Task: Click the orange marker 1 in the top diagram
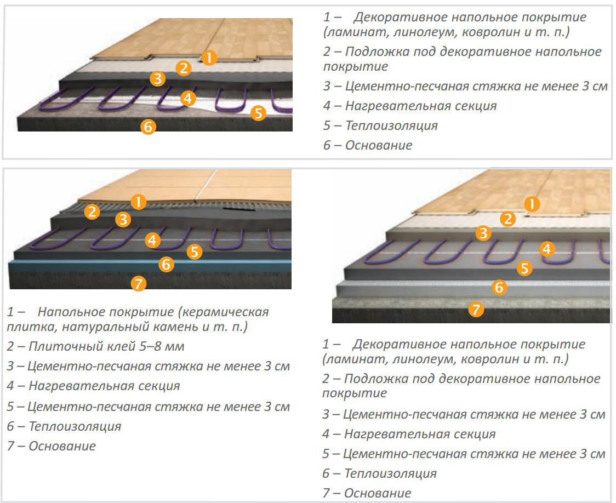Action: pyautogui.click(x=209, y=58)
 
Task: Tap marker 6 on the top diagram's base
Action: pyautogui.click(x=148, y=127)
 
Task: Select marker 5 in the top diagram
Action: pyautogui.click(x=258, y=113)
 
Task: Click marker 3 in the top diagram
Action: pyautogui.click(x=157, y=78)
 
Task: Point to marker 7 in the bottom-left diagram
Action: pyautogui.click(x=138, y=283)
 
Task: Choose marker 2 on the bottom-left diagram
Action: pyautogui.click(x=92, y=212)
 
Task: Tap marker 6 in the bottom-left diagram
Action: pyautogui.click(x=166, y=264)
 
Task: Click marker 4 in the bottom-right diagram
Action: pyautogui.click(x=547, y=249)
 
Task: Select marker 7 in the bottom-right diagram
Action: pyautogui.click(x=476, y=310)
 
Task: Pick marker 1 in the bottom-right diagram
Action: pyautogui.click(x=532, y=204)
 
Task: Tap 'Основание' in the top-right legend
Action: pyautogui.click(x=379, y=145)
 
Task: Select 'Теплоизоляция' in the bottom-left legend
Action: pyautogui.click(x=75, y=426)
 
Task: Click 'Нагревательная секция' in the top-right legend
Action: pyautogui.click(x=421, y=106)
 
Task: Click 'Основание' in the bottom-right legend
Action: pyautogui.click(x=378, y=493)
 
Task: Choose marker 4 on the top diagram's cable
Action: pyautogui.click(x=188, y=98)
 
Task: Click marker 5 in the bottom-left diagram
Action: pyautogui.click(x=195, y=251)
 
